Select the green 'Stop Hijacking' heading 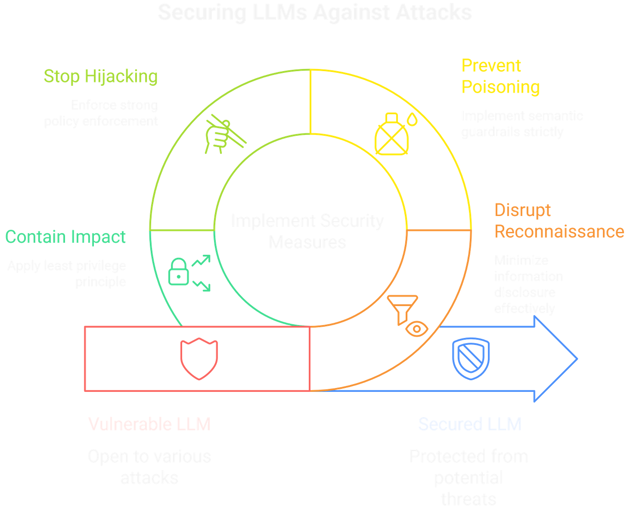pos(101,76)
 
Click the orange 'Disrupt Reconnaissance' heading pos(559,221)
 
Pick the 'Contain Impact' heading pos(65,237)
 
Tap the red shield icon pos(199,358)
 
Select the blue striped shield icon pos(471,358)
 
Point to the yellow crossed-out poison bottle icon pos(392,135)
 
